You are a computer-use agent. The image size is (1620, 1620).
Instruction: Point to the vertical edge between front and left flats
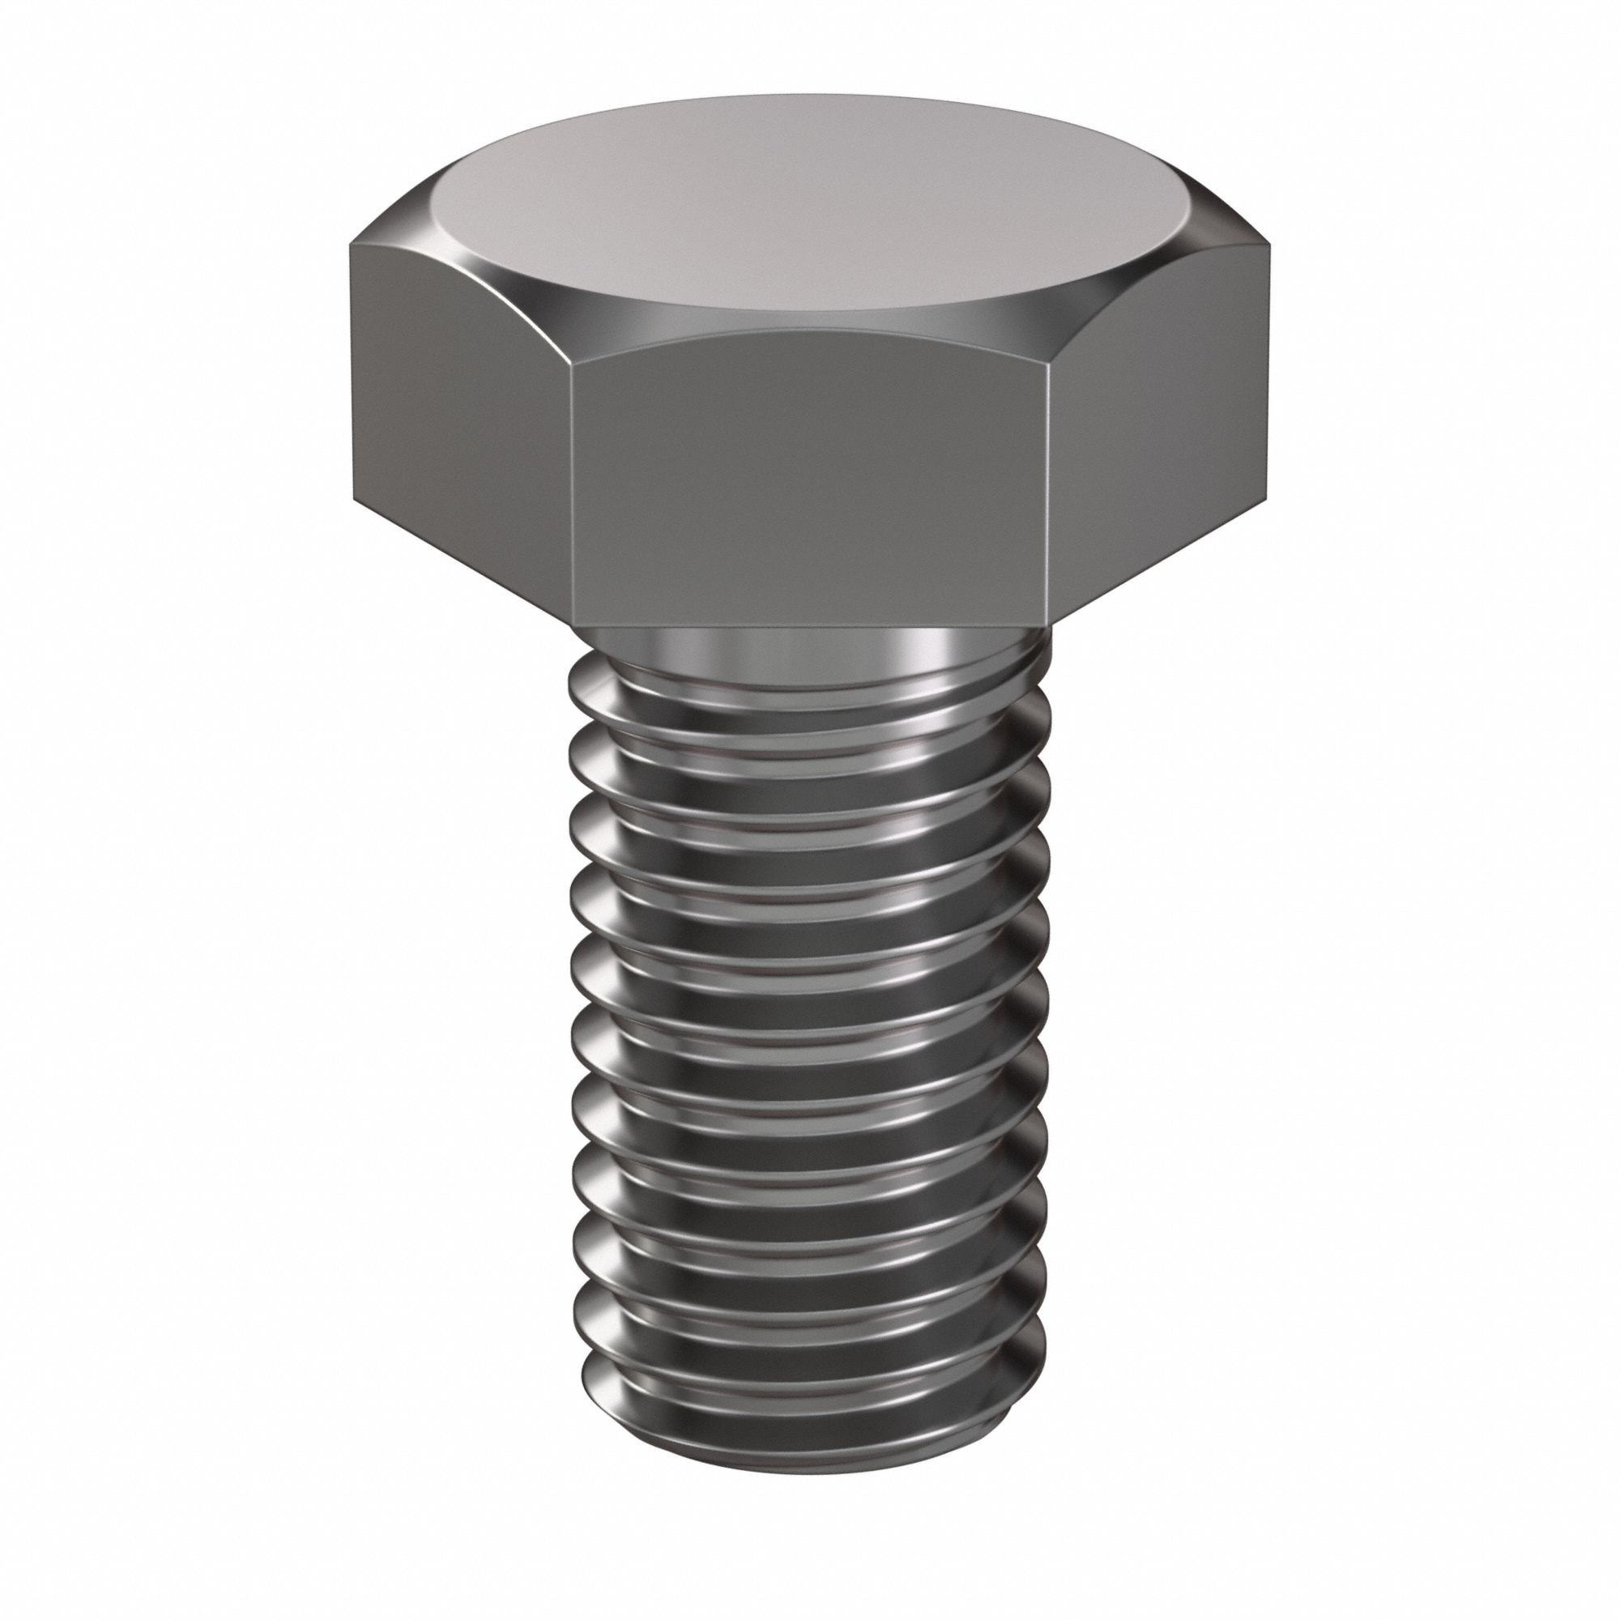[x=573, y=495]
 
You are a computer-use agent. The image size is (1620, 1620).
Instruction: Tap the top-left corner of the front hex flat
[x=571, y=365]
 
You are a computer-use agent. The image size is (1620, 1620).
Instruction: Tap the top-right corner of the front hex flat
[x=1047, y=365]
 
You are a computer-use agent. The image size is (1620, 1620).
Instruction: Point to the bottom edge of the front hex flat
[x=810, y=626]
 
